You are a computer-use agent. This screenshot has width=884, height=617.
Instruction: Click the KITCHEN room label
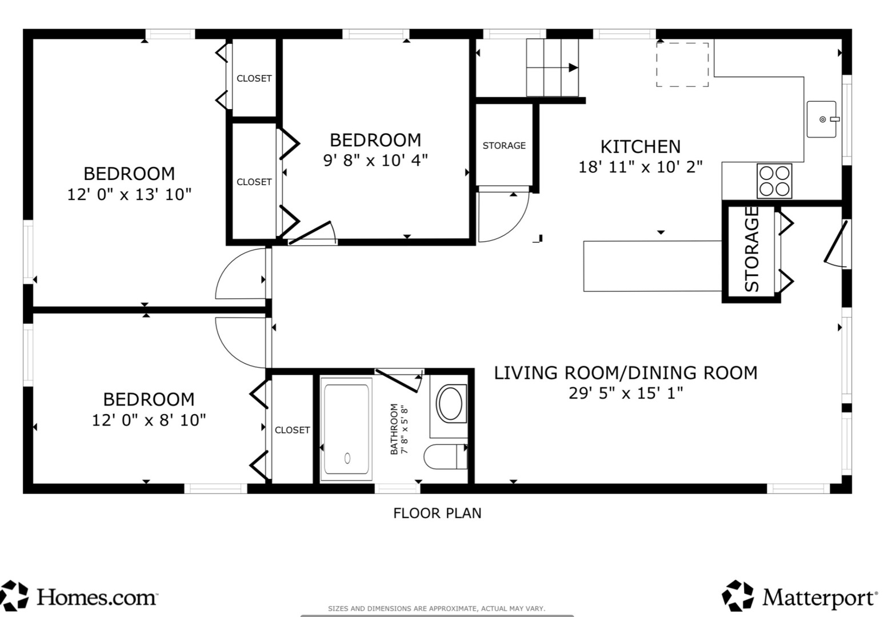(640, 147)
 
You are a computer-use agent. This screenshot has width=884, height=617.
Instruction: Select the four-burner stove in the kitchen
(774, 181)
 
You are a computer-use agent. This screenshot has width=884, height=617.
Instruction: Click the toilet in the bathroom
(446, 456)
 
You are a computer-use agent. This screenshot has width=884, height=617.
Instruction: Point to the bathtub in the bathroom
(346, 429)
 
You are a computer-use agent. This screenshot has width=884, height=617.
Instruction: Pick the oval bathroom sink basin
(450, 403)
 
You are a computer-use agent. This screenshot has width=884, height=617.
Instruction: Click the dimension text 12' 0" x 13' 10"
(129, 194)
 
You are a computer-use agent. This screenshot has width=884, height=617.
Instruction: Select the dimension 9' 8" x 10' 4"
(375, 160)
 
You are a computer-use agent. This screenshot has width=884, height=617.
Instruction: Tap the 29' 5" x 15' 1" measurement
(626, 393)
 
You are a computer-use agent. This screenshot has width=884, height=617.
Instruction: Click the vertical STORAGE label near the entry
(751, 249)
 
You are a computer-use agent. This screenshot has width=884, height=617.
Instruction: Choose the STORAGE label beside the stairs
(504, 146)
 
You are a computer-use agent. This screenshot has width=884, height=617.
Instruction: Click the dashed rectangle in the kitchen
(682, 65)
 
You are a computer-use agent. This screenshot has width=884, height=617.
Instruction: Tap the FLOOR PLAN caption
(437, 513)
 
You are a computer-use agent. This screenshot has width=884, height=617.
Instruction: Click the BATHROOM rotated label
(394, 429)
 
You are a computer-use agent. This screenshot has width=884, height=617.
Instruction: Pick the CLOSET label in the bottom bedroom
(292, 430)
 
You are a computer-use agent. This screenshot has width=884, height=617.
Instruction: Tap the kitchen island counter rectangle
(653, 266)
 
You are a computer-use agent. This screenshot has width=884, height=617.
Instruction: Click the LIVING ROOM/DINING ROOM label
(626, 373)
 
